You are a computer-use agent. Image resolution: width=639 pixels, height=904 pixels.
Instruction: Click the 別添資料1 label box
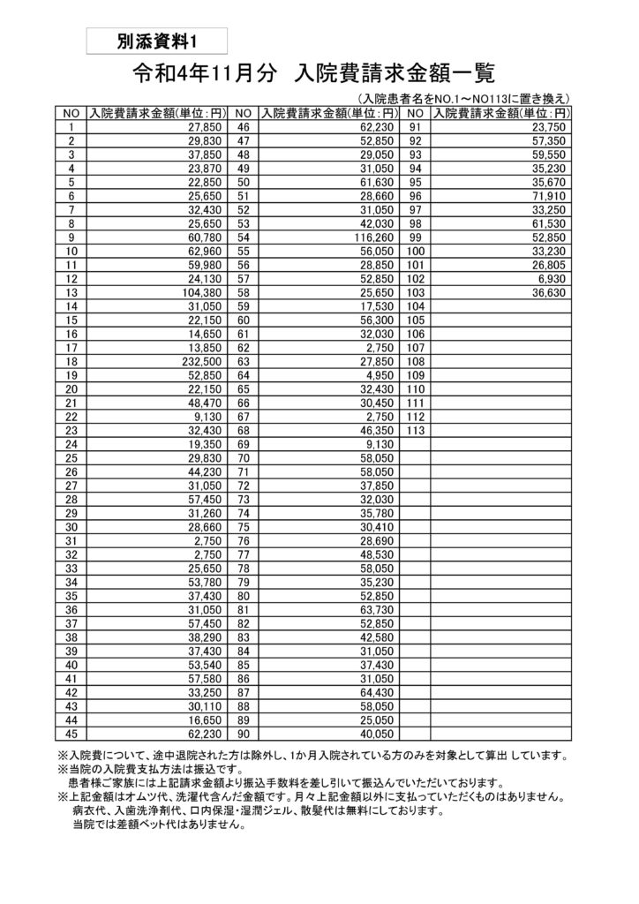(158, 41)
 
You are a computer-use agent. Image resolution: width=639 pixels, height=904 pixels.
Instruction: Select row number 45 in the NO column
(71, 733)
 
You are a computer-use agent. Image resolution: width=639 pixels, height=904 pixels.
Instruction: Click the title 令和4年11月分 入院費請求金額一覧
(313, 73)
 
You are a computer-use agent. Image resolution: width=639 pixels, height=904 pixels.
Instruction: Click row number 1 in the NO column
(71, 126)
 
